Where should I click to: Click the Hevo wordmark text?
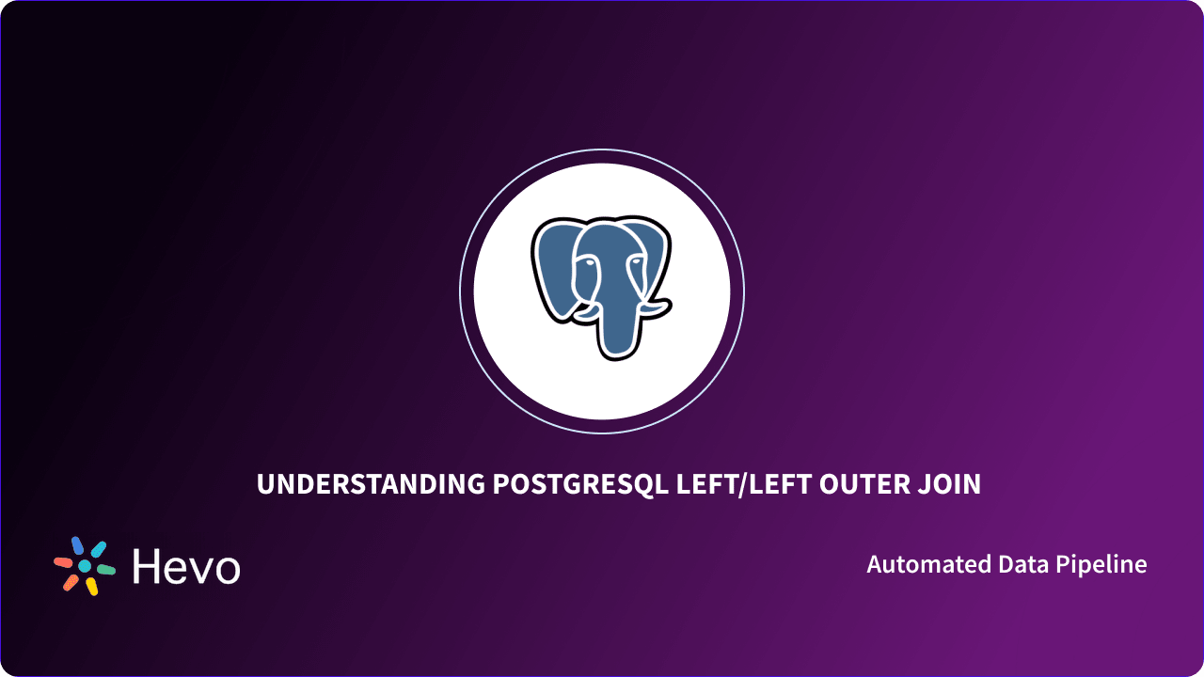click(x=186, y=567)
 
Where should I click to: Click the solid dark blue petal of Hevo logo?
click(x=78, y=545)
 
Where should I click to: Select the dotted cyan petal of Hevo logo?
click(x=98, y=549)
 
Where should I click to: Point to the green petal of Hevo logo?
click(x=105, y=569)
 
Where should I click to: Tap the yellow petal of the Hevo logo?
click(x=91, y=587)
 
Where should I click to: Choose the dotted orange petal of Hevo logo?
click(x=71, y=583)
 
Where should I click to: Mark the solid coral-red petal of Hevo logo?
click(x=64, y=562)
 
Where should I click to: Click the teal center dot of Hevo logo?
click(x=85, y=566)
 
